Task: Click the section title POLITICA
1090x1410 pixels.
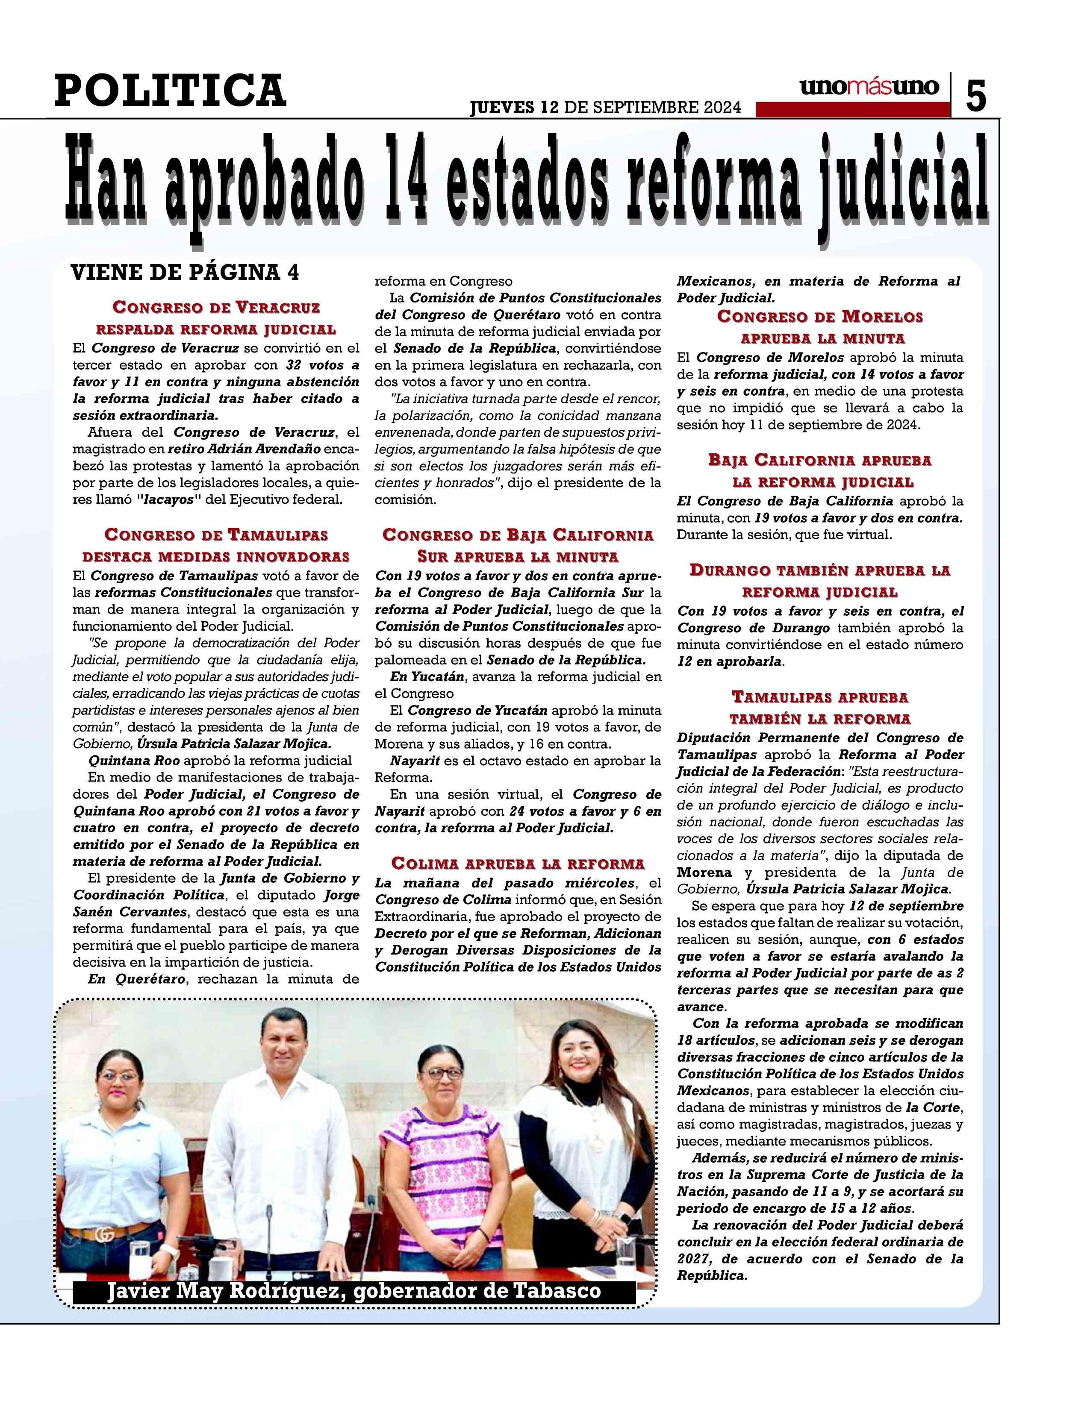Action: [x=170, y=91]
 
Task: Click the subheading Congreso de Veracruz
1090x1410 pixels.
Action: [x=216, y=307]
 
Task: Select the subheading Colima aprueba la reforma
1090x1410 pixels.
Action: [x=518, y=863]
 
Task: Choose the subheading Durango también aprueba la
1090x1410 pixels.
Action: [x=820, y=570]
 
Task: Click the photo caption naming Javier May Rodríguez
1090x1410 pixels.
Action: [x=354, y=1291]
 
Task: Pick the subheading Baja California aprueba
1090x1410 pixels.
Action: [x=820, y=460]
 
